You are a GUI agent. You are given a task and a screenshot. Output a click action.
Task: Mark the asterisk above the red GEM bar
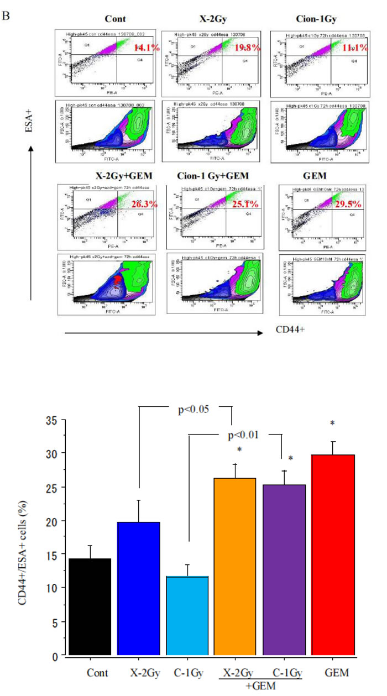(x=333, y=423)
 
